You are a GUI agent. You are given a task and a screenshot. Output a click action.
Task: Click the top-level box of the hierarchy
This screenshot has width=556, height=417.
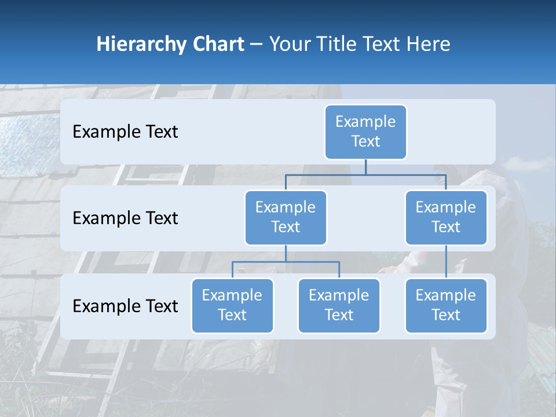click(x=365, y=131)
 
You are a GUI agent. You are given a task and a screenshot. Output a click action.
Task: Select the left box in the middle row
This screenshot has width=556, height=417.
click(x=286, y=217)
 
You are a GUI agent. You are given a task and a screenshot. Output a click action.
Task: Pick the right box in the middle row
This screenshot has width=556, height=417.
click(x=446, y=217)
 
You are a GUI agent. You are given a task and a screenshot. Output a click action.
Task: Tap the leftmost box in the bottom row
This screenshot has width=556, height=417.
click(x=232, y=305)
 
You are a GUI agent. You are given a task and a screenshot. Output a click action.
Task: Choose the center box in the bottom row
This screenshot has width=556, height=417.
click(x=339, y=305)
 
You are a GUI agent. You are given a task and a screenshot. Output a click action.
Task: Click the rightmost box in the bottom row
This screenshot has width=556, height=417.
click(x=446, y=305)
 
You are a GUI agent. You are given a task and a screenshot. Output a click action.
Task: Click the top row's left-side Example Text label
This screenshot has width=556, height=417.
click(x=125, y=131)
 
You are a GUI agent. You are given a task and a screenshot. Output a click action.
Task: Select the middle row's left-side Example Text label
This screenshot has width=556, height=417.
click(x=125, y=218)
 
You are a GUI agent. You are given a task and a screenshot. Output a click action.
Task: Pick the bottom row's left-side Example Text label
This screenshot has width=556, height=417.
click(x=125, y=306)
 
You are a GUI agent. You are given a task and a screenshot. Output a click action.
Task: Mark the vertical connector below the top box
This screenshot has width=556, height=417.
click(x=365, y=167)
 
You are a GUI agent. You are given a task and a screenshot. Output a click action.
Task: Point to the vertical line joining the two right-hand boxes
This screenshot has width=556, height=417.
click(x=446, y=262)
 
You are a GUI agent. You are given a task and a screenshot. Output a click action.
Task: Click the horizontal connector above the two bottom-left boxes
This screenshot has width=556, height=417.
click(x=286, y=262)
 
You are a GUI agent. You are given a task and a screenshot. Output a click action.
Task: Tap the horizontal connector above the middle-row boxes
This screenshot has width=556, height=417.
click(x=365, y=174)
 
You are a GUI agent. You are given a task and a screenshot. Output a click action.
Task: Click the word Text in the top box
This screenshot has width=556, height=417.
click(x=365, y=141)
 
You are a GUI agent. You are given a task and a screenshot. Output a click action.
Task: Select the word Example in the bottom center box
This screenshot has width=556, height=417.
click(x=339, y=295)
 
